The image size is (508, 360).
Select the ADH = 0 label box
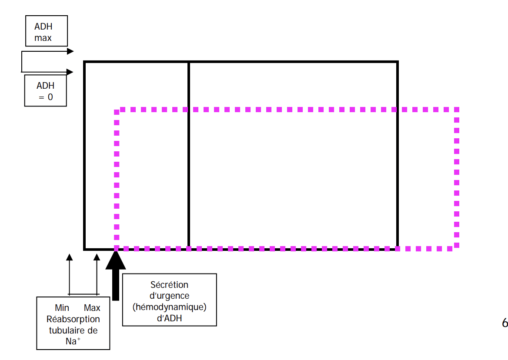tap(45, 90)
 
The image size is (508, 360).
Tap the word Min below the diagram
tap(62, 308)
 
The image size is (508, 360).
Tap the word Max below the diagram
tap(92, 308)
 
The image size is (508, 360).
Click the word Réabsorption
tap(73, 319)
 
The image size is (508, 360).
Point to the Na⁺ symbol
tap(73, 341)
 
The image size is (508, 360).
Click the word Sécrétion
tap(169, 285)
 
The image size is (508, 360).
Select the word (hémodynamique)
tap(169, 307)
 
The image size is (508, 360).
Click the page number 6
tap(505, 323)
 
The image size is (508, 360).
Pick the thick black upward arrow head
tap(116, 260)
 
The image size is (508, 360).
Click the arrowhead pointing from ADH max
tap(70, 51)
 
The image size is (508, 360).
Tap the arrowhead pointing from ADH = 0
tap(70, 72)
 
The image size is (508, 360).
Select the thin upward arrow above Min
tap(69, 257)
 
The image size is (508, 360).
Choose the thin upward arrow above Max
tap(97, 257)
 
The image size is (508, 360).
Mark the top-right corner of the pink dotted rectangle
tap(457, 110)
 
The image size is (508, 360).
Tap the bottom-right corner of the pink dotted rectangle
tap(457, 248)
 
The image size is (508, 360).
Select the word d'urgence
tap(169, 296)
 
